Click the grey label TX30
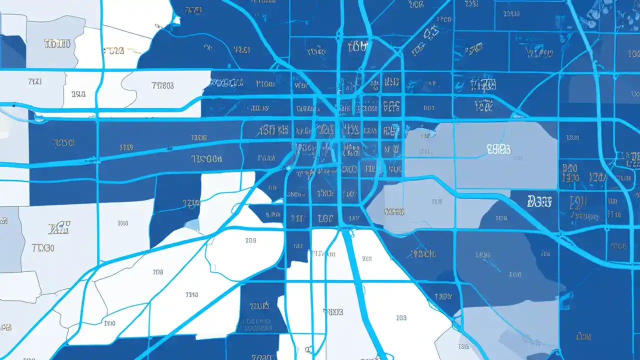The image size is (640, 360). (43, 248)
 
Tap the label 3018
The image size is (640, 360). (122, 223)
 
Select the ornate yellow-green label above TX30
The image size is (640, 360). (58, 228)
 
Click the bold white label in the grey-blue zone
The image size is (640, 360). (498, 148)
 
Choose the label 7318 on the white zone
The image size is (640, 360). (191, 294)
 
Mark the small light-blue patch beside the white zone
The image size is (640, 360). (192, 225)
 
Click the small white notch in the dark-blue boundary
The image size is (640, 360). (176, 20)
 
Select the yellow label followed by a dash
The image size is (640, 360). (116, 50)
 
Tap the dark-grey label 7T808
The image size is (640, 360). (162, 85)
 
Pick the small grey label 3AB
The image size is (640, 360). (78, 93)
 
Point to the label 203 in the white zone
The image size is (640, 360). (250, 240)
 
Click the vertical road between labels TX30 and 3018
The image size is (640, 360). (98, 235)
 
